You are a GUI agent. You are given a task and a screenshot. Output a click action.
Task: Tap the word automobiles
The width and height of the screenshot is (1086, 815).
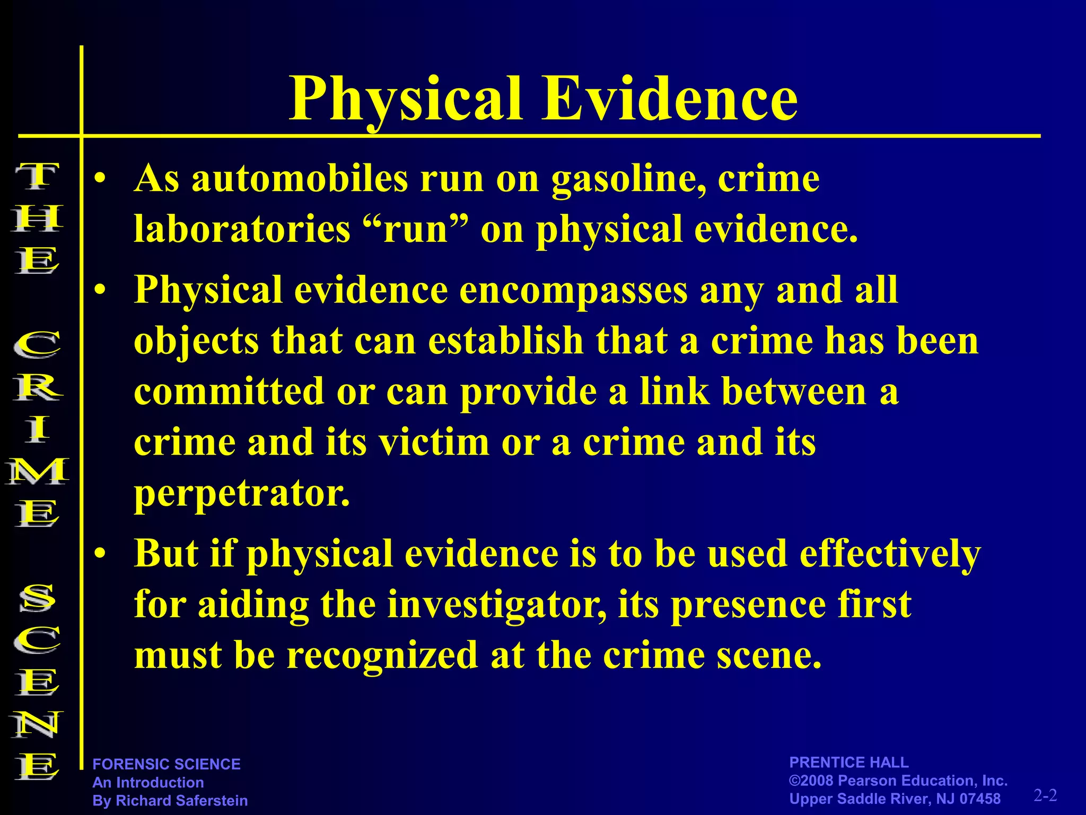click(x=300, y=179)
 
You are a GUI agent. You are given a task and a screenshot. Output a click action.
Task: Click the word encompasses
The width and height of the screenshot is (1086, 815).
click(x=574, y=291)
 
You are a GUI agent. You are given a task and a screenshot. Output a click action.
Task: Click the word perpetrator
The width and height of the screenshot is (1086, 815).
click(x=242, y=495)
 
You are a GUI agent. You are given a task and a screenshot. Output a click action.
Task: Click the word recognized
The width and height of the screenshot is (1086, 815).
click(x=382, y=655)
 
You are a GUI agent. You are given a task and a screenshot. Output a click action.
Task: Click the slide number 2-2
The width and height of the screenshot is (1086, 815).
click(x=1045, y=795)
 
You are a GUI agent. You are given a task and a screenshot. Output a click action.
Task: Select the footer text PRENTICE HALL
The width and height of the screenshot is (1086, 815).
click(x=848, y=762)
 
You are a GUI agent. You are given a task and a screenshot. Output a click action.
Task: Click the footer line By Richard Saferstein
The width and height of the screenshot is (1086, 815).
click(x=170, y=800)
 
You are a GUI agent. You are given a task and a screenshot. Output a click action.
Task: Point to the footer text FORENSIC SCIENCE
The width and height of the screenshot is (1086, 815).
click(x=167, y=764)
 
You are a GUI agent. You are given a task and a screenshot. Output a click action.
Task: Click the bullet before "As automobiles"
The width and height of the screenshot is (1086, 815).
click(x=100, y=180)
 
